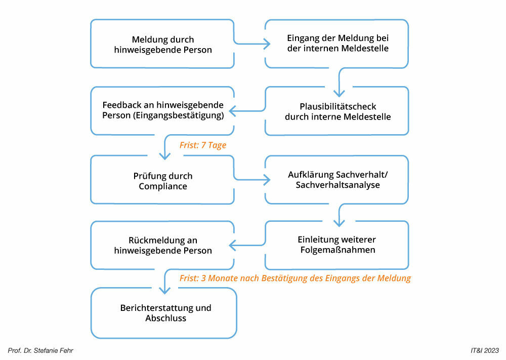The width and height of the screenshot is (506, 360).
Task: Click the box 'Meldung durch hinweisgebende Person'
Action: click(x=162, y=44)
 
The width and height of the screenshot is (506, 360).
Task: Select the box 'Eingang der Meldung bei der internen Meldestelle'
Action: click(x=337, y=44)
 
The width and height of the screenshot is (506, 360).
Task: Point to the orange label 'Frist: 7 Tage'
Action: click(x=202, y=145)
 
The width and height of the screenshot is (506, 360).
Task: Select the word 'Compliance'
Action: click(x=162, y=186)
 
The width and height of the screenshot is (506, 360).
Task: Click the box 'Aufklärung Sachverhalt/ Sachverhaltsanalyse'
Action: click(x=337, y=180)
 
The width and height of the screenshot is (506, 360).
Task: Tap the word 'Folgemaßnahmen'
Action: click(x=338, y=250)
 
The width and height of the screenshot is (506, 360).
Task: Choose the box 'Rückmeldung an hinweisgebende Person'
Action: click(x=162, y=245)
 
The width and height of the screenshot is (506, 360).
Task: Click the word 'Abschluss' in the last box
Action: click(x=166, y=318)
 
